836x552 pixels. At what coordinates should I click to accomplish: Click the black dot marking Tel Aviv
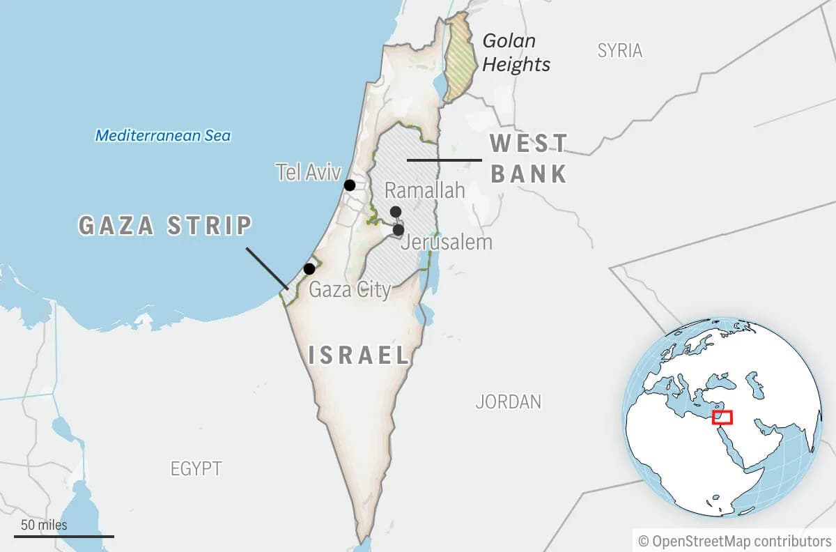click(x=350, y=185)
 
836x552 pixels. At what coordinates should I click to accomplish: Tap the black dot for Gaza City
click(x=309, y=269)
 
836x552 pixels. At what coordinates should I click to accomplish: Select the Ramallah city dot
click(x=396, y=212)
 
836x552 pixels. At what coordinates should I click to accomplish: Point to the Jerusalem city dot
click(x=398, y=229)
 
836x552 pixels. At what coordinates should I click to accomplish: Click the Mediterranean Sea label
click(x=163, y=135)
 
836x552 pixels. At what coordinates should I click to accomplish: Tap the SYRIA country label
click(x=620, y=50)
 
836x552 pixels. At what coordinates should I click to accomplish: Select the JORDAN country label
click(x=508, y=401)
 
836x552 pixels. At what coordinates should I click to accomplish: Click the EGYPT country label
click(x=196, y=469)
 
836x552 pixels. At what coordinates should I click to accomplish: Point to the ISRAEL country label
click(x=359, y=355)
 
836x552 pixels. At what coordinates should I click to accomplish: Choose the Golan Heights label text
click(x=516, y=52)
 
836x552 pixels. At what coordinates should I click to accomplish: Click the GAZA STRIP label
click(x=165, y=226)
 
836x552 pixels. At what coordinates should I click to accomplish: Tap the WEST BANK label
click(x=529, y=158)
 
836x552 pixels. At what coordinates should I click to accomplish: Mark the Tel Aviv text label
click(x=308, y=172)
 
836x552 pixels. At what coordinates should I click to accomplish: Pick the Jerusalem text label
click(x=447, y=243)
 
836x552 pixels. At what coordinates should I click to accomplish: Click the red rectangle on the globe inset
click(x=722, y=417)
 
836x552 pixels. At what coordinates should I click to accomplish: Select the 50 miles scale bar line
click(x=63, y=536)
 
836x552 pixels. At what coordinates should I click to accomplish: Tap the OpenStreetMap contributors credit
click(x=735, y=541)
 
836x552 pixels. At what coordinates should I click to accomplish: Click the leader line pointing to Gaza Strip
click(x=267, y=268)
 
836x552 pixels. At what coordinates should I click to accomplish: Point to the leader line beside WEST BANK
click(x=444, y=160)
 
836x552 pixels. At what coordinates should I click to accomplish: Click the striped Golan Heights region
click(x=458, y=59)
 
